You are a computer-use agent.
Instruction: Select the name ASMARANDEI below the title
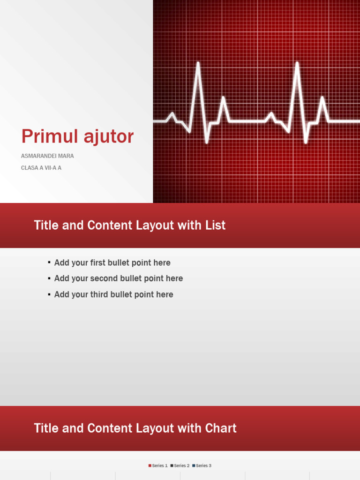coord(37,156)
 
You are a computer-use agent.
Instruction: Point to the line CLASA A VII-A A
coord(41,168)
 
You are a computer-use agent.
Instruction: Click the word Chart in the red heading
coord(221,428)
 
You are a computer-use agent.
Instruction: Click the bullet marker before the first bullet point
coord(49,262)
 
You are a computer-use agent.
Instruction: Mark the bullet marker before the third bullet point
coord(49,294)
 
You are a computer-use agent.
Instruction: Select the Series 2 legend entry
coord(181,465)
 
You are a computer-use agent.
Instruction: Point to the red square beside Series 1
coord(150,465)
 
